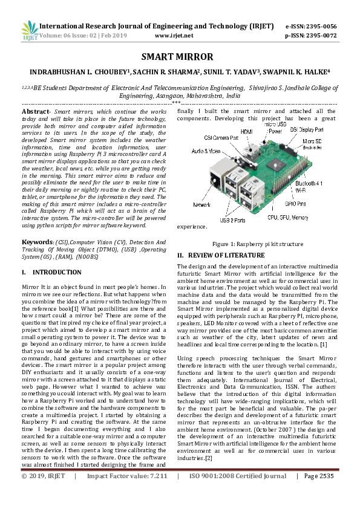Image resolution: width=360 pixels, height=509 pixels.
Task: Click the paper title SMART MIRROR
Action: click(x=177, y=57)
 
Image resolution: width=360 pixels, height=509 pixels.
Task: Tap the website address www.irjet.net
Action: click(x=174, y=36)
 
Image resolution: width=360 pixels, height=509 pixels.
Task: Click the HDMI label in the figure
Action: click(x=246, y=131)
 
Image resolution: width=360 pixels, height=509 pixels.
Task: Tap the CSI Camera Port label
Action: click(x=221, y=138)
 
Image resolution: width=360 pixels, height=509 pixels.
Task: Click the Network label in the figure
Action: click(x=201, y=206)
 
